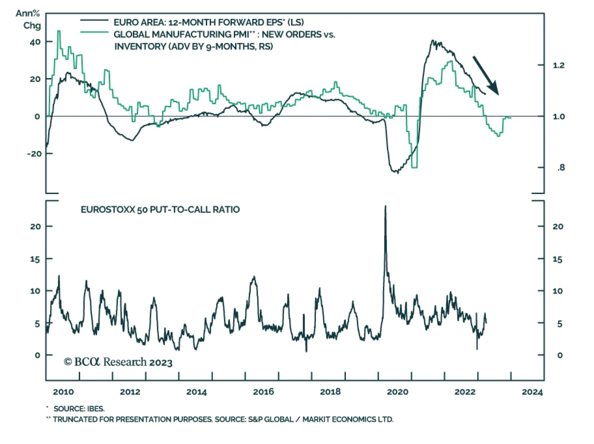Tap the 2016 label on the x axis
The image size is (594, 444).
point(263,392)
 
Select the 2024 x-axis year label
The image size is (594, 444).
point(532,392)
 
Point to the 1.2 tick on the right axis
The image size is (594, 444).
point(558,65)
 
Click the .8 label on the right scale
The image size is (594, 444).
point(561,167)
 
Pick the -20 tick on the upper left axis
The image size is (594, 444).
point(34,153)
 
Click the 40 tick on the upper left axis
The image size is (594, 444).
point(35,42)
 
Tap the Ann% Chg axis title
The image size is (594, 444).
point(28,19)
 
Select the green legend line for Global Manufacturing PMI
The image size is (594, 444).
point(94,32)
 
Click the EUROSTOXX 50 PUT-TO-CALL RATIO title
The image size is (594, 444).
point(160,210)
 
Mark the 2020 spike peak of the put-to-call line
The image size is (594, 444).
point(385,206)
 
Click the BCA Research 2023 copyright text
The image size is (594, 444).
point(118,362)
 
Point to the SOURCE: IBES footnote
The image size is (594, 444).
point(79,409)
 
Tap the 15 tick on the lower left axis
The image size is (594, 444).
point(35,259)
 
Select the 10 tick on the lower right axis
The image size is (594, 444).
point(557,291)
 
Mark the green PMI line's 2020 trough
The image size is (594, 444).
point(414,167)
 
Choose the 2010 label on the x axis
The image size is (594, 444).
point(63,392)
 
